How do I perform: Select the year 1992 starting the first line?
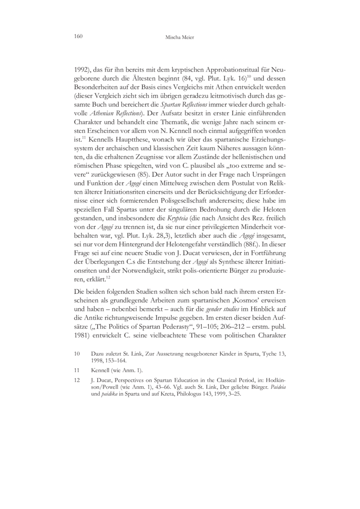tap(82, 70)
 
